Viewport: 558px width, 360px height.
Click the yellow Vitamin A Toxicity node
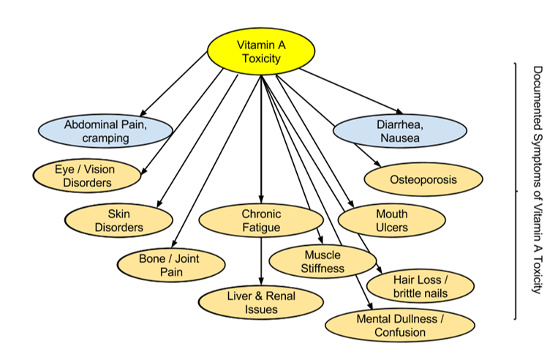tap(261, 50)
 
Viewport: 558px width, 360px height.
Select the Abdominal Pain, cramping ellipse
tap(106, 131)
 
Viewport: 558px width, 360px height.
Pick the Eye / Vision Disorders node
tap(85, 176)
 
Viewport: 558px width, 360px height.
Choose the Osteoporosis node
tap(423, 179)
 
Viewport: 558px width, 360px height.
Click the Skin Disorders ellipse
tap(118, 220)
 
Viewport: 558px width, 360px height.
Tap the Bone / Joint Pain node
tap(169, 265)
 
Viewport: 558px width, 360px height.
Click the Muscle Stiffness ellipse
tap(322, 261)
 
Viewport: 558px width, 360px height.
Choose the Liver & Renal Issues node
tap(261, 303)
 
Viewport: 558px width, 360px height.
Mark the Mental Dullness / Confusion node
tap(399, 326)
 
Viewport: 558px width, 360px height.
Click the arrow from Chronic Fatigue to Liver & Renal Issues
tap(261, 260)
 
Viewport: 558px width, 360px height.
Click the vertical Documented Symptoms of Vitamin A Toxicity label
tap(537, 179)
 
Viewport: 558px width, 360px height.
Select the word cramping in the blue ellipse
tap(106, 138)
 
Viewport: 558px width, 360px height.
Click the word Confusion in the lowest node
tap(399, 332)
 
